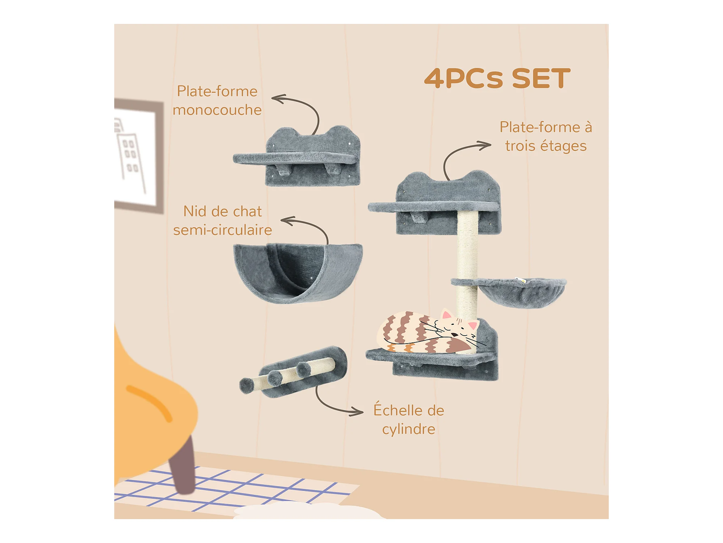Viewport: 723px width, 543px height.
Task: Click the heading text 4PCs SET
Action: (497, 78)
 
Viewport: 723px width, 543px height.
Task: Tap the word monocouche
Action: (217, 110)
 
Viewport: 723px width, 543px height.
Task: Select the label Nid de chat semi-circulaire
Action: (222, 220)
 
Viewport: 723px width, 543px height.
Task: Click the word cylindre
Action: (408, 430)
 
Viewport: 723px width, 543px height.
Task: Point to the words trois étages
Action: (546, 146)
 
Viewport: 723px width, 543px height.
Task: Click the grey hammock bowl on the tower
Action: (521, 292)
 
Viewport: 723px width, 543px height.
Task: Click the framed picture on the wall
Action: (138, 156)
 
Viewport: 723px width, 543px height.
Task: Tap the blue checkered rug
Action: (231, 489)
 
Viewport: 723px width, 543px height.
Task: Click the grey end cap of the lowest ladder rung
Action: (247, 385)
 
